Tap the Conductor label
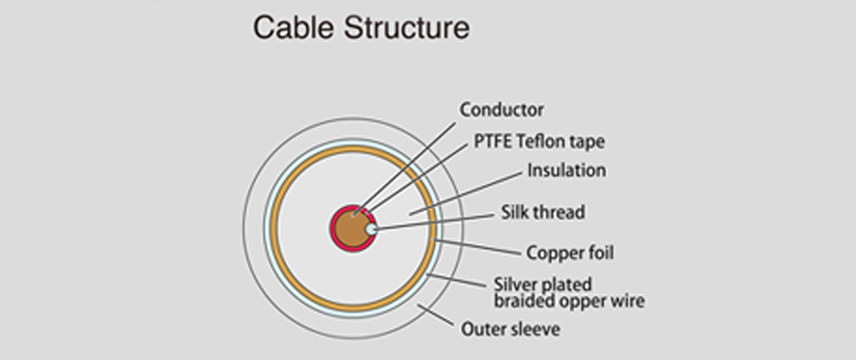pos(502,110)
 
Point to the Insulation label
pos(566,170)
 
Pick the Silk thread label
pos(542,213)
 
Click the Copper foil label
pos(570,254)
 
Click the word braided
pos(522,302)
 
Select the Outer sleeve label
pos(510,329)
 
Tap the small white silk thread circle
pos(371,230)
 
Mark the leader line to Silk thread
pos(436,222)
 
